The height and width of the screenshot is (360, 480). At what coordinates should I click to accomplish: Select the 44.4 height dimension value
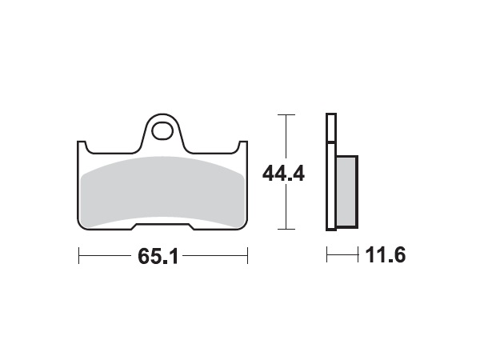coord(283,173)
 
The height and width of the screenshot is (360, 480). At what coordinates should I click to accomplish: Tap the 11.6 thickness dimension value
coord(386,257)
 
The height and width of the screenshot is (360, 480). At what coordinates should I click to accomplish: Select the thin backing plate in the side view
coord(330,172)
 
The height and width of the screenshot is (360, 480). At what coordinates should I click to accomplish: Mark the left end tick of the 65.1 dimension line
coord(78,257)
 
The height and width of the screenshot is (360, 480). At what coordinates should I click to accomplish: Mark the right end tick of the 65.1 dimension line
coord(248,257)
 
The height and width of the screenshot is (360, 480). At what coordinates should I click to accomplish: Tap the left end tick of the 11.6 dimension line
coord(326,257)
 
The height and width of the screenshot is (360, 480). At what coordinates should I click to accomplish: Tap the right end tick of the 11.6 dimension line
coord(356,257)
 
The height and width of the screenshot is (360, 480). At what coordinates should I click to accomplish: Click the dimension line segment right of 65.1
coord(220,257)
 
